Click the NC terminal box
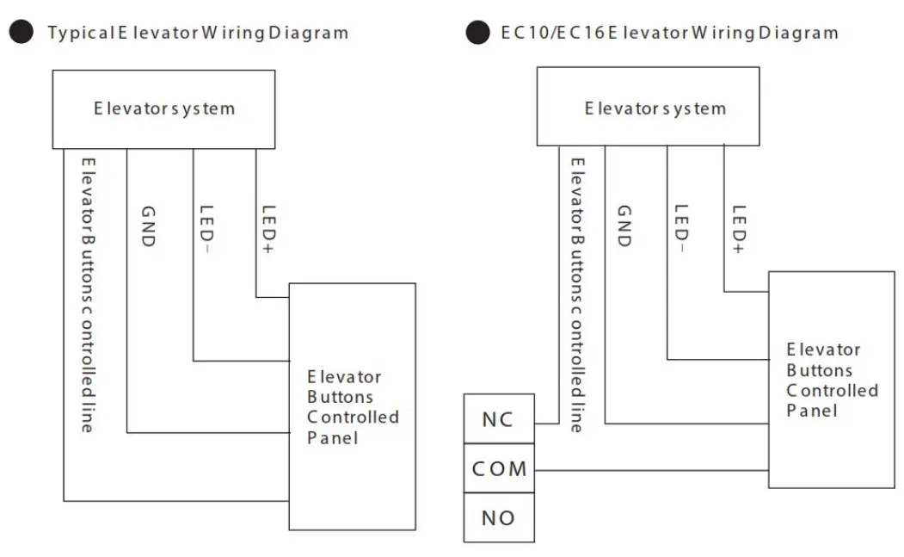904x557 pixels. pos(498,419)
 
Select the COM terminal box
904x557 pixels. pos(498,469)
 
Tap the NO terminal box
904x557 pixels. pos(498,517)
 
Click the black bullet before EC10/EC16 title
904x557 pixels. pos(477,33)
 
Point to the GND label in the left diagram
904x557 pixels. pos(147,226)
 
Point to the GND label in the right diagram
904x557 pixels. pos(624,226)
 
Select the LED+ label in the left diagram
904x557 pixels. pos(268,228)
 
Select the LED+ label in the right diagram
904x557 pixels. pos(738,228)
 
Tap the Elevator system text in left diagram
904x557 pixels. pos(163,109)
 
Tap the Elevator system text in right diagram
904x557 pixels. pos(655,109)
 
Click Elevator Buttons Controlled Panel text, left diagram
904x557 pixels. pos(353,407)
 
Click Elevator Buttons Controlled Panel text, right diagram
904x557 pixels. pos(832,380)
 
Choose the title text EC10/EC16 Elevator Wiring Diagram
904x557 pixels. pos(668,33)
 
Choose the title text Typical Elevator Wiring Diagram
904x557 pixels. pos(198,33)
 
